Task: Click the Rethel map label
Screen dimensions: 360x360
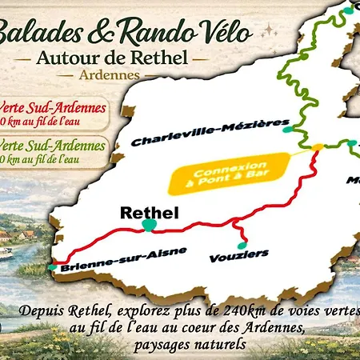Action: [149, 213]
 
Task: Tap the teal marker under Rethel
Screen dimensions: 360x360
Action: [149, 226]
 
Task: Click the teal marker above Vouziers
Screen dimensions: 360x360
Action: [240, 244]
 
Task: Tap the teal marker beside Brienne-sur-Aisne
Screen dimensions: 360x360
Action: [53, 267]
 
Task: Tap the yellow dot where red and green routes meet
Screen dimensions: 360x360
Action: [318, 147]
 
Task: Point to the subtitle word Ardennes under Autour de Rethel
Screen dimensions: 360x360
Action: [109, 74]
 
